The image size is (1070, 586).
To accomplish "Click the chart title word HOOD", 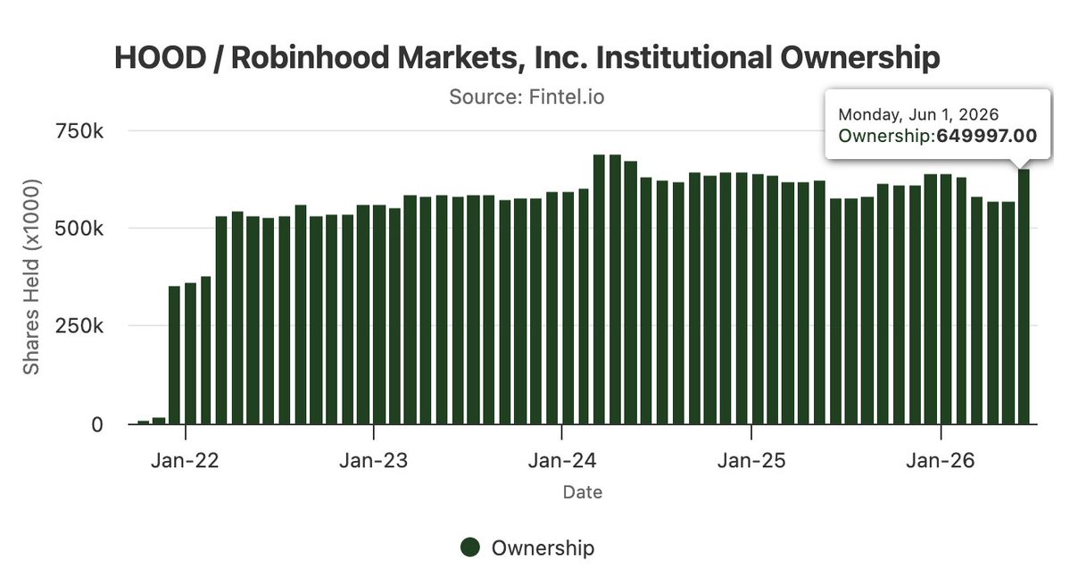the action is [x=161, y=57].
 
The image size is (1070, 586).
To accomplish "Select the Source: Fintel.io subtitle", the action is [x=527, y=97].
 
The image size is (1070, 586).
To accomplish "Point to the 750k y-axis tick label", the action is [x=79, y=130].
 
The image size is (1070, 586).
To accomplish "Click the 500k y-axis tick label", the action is [x=79, y=228].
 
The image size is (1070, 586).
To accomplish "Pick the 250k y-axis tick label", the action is [x=79, y=326].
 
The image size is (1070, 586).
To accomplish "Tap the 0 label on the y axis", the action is [x=97, y=424].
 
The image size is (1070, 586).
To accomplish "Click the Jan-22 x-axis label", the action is [x=185, y=460].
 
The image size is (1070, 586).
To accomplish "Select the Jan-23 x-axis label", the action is [x=373, y=460].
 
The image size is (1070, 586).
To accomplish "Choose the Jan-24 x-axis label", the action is [x=561, y=460].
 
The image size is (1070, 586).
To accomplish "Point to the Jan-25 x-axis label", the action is [x=751, y=460].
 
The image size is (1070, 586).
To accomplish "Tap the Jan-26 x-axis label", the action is [x=941, y=460].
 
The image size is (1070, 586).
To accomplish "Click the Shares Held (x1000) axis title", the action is [x=31, y=277].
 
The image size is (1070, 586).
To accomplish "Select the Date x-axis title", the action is [x=583, y=492].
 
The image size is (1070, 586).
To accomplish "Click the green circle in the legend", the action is [x=470, y=547].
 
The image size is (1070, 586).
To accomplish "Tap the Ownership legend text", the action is [x=543, y=548].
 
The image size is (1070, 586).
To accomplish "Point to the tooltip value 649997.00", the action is [x=987, y=136].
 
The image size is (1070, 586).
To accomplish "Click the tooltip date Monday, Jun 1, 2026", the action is [x=918, y=114].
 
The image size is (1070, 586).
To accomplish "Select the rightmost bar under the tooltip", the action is [x=1024, y=297].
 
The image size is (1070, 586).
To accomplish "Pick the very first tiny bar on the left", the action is [x=144, y=423].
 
